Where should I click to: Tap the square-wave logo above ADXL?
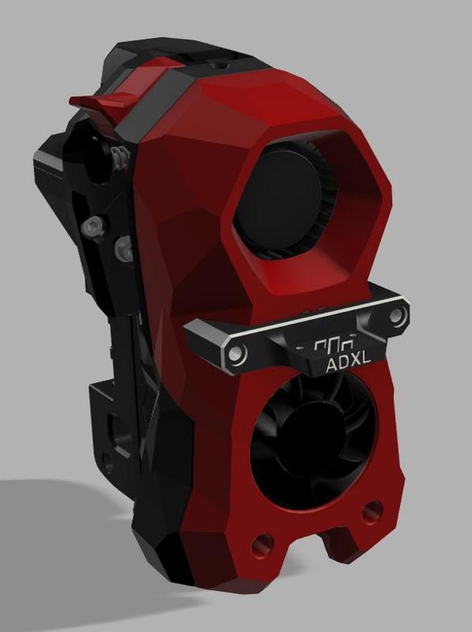331,346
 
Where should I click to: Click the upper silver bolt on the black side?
94,228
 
